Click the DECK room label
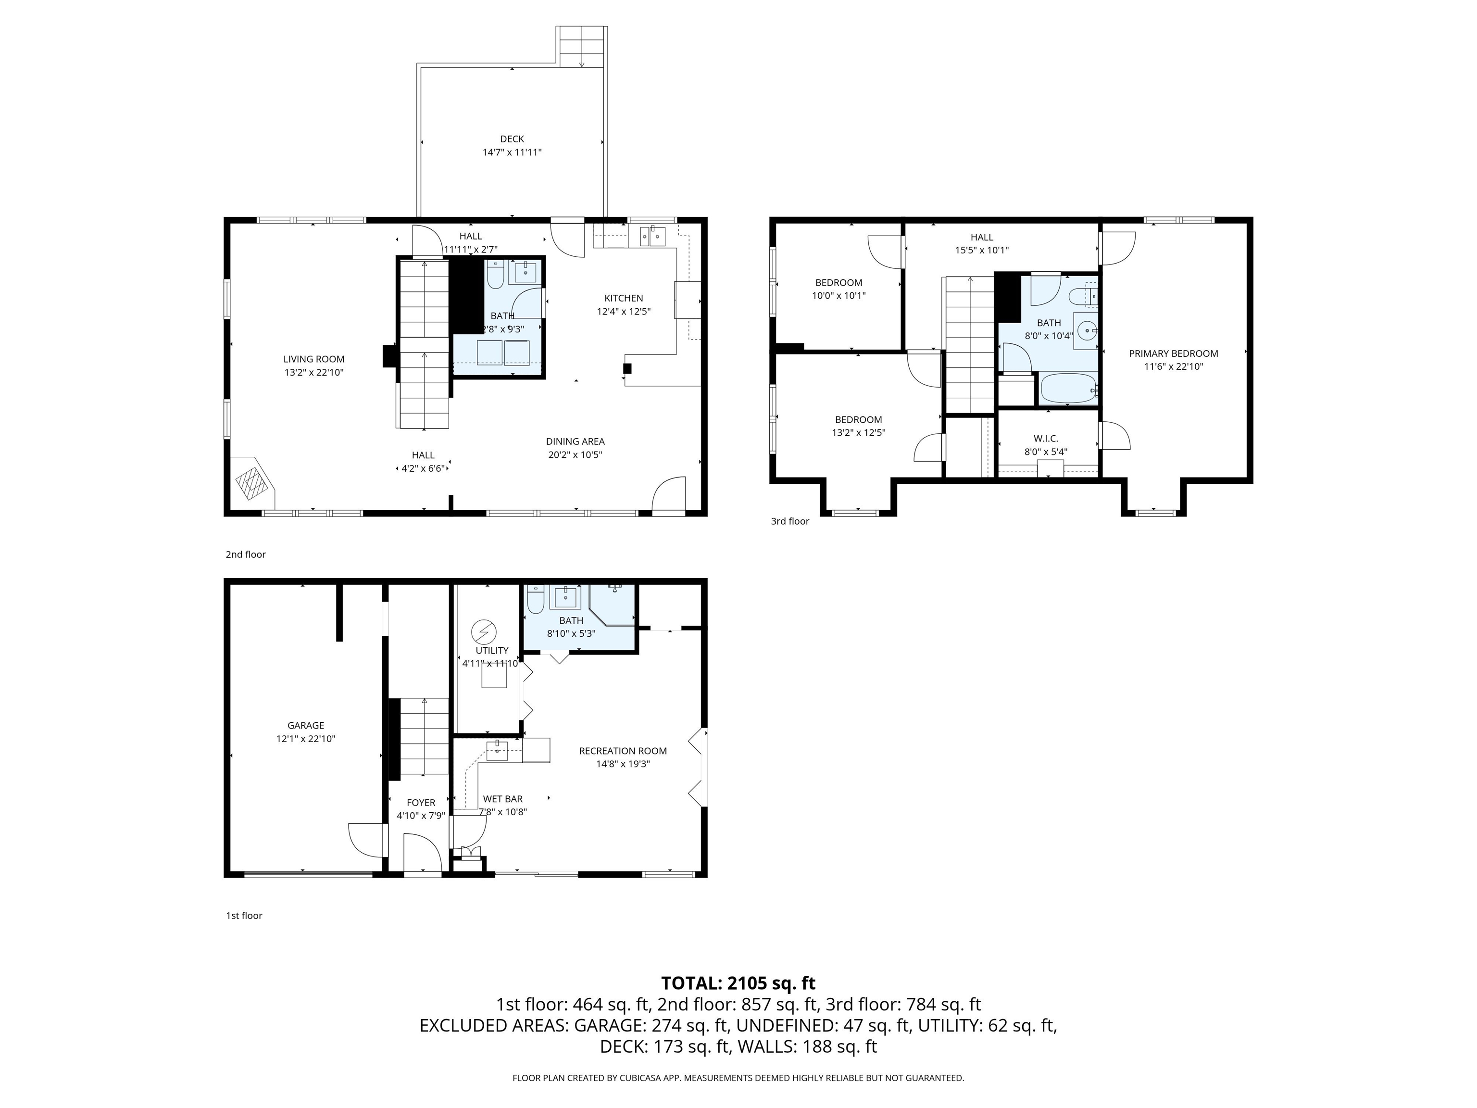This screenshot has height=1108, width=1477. pos(512,139)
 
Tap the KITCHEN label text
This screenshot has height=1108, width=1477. pos(623,298)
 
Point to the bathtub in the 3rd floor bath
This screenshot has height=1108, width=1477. pos(1068,389)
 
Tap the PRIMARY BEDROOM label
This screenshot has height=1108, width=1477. pos(1173,353)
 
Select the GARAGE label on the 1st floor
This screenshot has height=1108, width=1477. pos(305,725)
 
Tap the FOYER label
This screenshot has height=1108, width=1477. pos(420,803)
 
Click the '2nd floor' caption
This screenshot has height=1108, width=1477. pos(245,554)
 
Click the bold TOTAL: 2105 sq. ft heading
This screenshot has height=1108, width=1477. pos(738,983)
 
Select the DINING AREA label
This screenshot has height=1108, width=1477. pos(575,441)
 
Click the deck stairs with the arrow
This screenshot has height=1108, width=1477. pos(582,47)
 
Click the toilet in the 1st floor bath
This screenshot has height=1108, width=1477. pos(535,601)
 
